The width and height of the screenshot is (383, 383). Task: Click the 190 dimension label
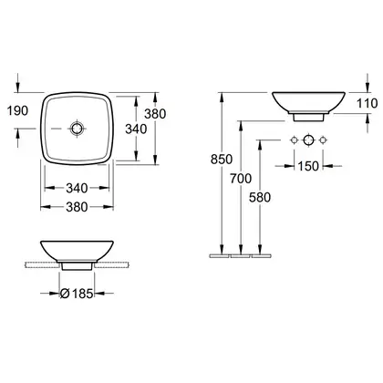(x=17, y=111)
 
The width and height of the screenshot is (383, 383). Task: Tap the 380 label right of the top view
(x=155, y=114)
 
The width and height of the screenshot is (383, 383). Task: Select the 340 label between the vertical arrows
(x=136, y=129)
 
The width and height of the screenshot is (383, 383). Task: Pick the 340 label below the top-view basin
(x=77, y=188)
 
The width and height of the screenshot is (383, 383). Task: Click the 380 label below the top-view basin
(x=77, y=207)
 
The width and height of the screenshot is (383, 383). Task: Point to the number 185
(x=82, y=294)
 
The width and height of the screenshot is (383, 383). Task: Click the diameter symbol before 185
(x=65, y=294)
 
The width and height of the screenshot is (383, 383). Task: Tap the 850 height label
(x=222, y=160)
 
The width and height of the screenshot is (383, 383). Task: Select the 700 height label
(x=241, y=179)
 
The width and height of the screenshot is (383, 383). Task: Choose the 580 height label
(x=260, y=198)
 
